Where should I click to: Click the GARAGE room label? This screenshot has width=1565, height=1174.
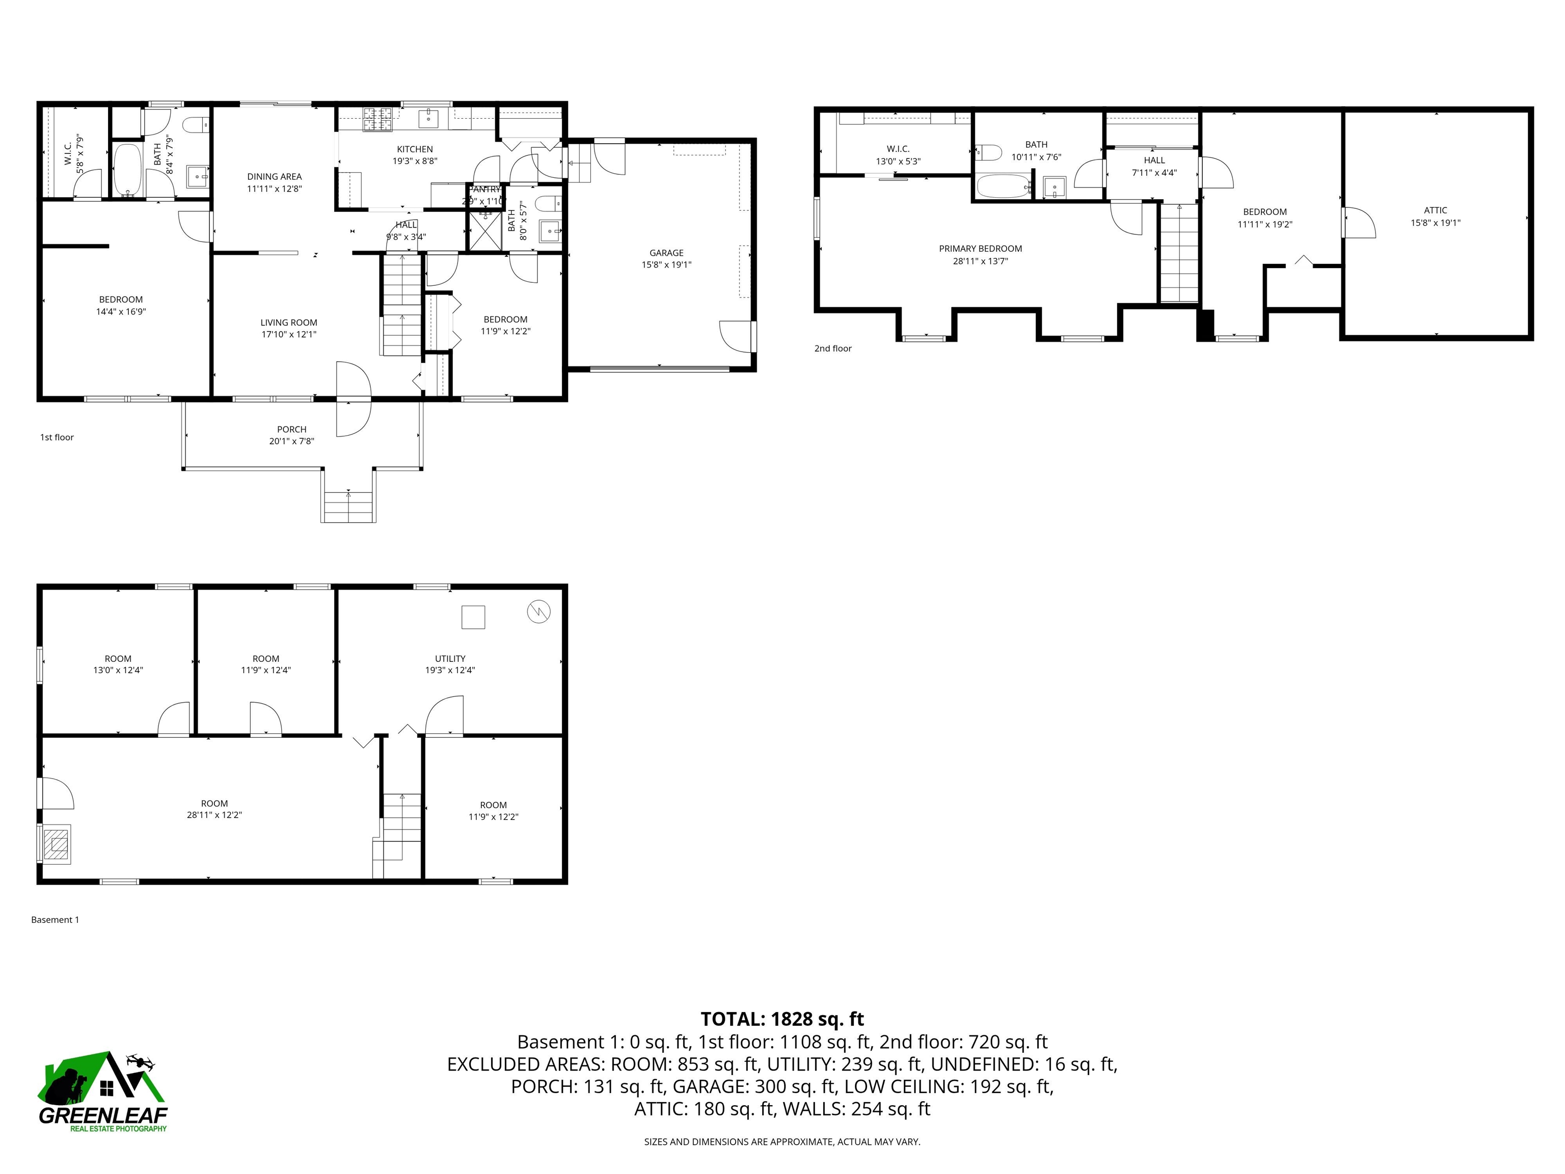(666, 253)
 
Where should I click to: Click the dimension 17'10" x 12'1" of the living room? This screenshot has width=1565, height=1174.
(289, 334)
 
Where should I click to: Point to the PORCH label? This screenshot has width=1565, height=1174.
(291, 429)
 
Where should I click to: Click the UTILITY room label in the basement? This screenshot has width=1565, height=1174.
(450, 658)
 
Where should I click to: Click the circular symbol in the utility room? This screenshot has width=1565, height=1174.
(538, 611)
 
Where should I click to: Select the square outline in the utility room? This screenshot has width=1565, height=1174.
(473, 617)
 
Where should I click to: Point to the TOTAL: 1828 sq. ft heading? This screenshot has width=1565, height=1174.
(782, 1019)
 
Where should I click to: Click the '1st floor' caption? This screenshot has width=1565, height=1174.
(57, 437)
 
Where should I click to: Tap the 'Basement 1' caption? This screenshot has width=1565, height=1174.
(55, 920)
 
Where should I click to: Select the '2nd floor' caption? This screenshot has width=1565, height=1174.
(833, 348)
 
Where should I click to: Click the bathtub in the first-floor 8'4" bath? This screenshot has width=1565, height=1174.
(128, 170)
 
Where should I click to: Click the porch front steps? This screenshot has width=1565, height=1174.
(348, 504)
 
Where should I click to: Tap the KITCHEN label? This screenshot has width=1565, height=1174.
(415, 149)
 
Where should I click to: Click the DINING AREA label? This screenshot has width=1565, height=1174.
(275, 177)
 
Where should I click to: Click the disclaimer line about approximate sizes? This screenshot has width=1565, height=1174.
(782, 1141)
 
